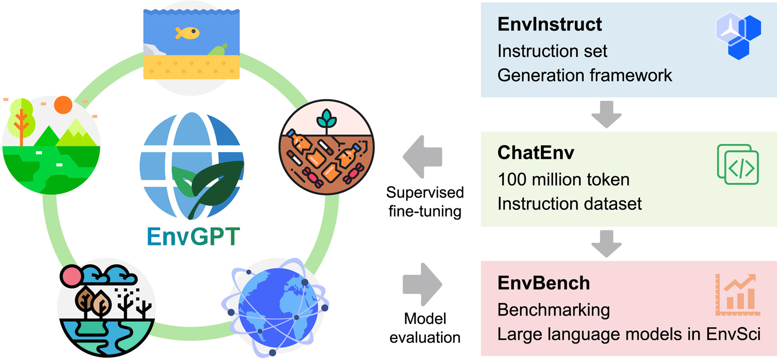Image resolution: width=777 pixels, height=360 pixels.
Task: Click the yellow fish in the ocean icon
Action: tap(187, 33)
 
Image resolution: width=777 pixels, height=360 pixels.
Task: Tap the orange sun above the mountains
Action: tap(63, 105)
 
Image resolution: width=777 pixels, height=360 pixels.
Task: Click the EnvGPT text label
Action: tap(193, 236)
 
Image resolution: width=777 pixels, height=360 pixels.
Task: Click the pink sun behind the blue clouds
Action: tap(71, 277)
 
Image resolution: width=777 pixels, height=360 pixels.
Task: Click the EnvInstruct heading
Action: tap(550, 24)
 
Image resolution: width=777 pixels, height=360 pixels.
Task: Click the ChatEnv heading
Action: tap(536, 153)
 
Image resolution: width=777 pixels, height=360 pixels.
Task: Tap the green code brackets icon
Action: tap(738, 165)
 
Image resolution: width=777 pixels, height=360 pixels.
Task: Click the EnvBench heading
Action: tap(543, 283)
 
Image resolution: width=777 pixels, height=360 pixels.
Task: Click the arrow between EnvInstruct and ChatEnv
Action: tap(606, 114)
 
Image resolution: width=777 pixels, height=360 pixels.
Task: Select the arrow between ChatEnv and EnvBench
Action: tap(606, 244)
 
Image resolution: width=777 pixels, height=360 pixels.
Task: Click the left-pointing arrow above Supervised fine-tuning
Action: tap(422, 157)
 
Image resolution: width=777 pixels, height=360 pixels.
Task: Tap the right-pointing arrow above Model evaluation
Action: tap(422, 284)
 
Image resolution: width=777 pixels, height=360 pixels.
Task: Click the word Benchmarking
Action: tap(554, 310)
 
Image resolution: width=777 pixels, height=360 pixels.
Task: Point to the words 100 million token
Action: tap(563, 179)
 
